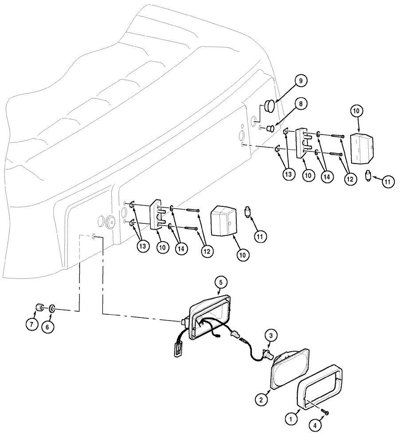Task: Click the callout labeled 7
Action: coord(31,325)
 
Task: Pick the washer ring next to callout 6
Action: coord(52,308)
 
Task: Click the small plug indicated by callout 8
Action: coord(269,129)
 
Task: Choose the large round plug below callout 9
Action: coord(270,107)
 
